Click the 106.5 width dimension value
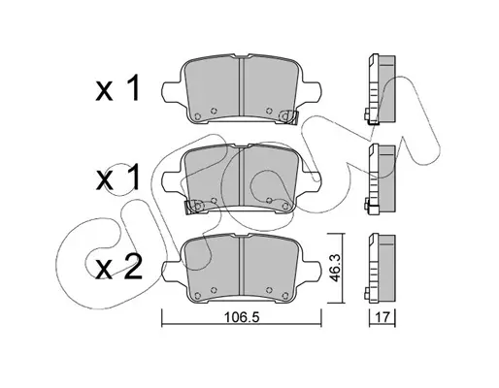(242, 317)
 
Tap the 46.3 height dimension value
(336, 268)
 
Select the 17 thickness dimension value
(383, 317)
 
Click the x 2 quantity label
(118, 267)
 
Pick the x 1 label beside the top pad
(118, 87)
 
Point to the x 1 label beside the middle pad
(118, 177)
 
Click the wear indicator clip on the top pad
(288, 117)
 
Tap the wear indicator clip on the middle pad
(193, 207)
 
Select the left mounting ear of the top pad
(172, 92)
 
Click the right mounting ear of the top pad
(312, 92)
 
